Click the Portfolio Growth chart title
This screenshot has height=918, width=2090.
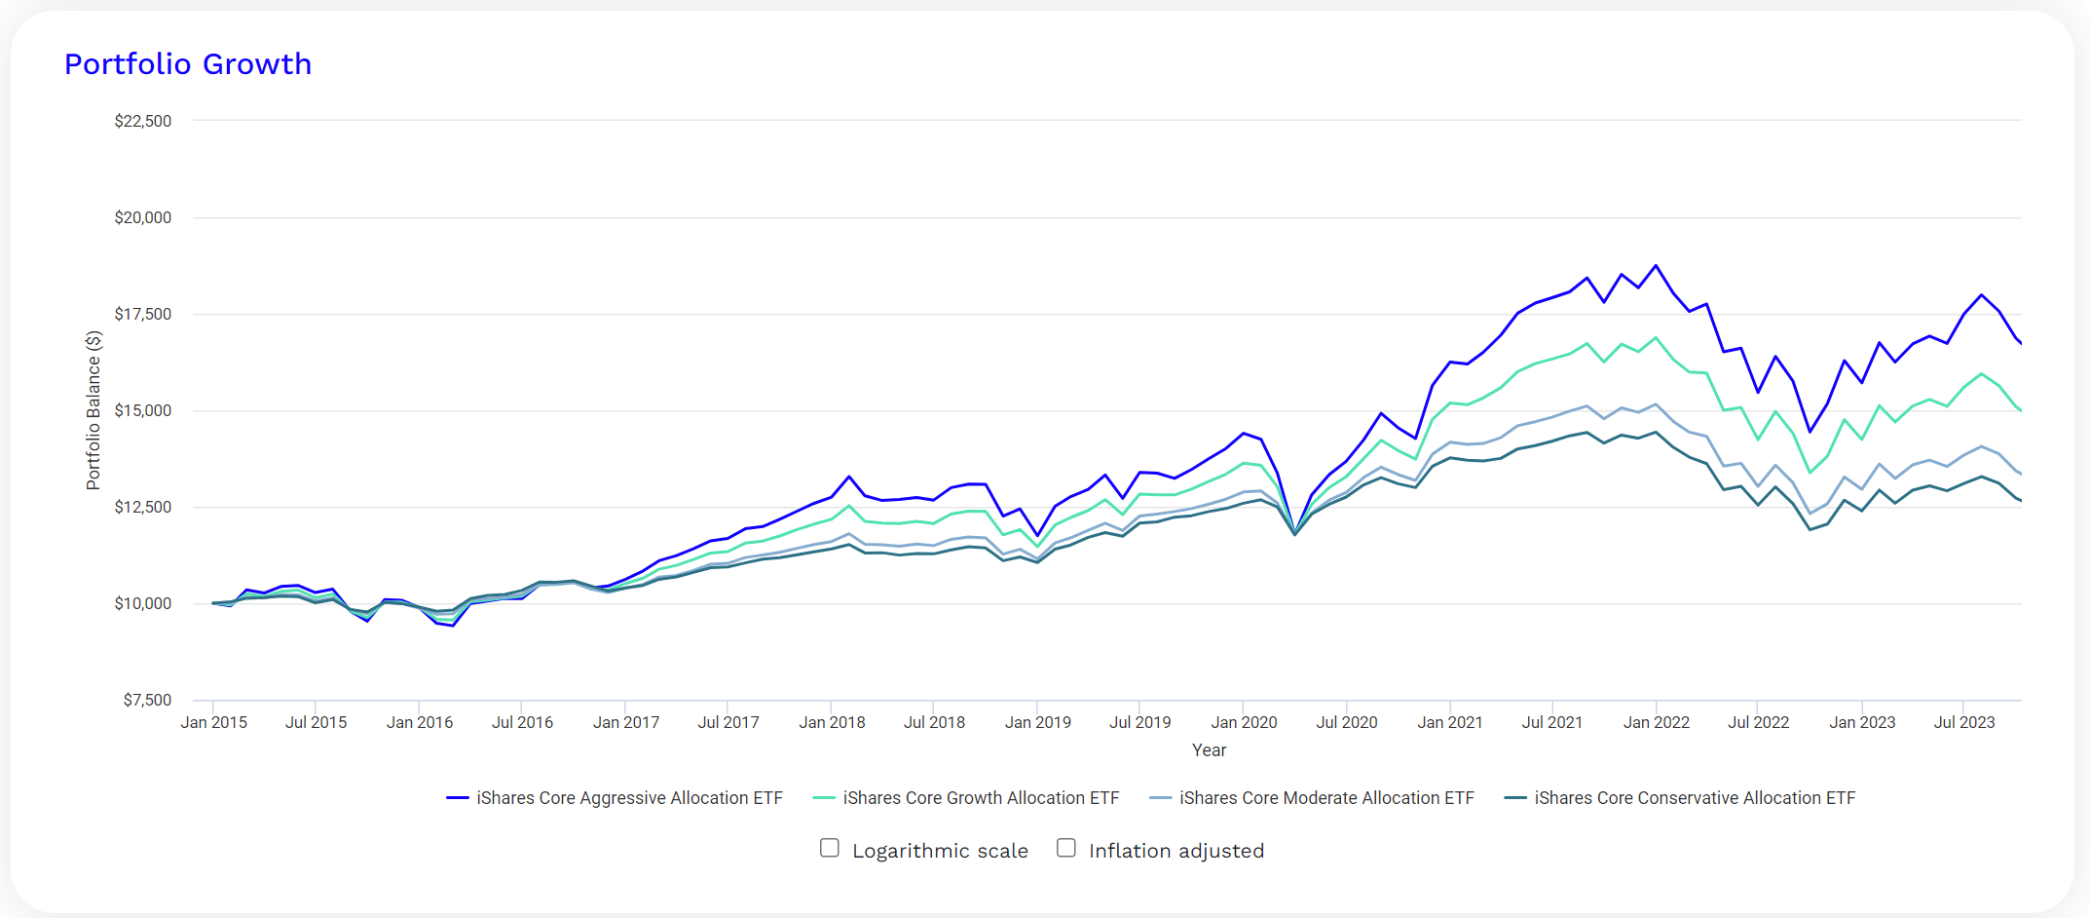click(x=188, y=64)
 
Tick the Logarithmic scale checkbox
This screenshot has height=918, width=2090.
click(x=830, y=848)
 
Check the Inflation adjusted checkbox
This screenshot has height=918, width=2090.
click(x=1066, y=848)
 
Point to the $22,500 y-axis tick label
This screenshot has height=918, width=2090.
click(x=143, y=121)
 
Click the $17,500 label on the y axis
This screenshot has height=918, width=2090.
click(x=143, y=314)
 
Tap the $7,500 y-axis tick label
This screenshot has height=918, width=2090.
click(x=147, y=700)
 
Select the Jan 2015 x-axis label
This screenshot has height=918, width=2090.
click(x=214, y=722)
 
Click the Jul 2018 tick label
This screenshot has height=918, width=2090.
click(x=934, y=722)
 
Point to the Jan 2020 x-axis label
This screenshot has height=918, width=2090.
click(x=1244, y=722)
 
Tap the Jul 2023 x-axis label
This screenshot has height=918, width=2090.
click(x=1963, y=722)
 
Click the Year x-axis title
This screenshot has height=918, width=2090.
click(x=1209, y=750)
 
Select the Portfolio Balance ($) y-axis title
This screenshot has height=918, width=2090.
click(x=93, y=410)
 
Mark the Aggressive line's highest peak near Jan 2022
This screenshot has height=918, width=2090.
click(x=1656, y=265)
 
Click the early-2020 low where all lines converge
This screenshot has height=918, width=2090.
click(x=1294, y=534)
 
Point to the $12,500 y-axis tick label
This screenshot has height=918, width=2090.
click(x=143, y=507)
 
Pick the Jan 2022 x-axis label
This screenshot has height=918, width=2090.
click(x=1656, y=722)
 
